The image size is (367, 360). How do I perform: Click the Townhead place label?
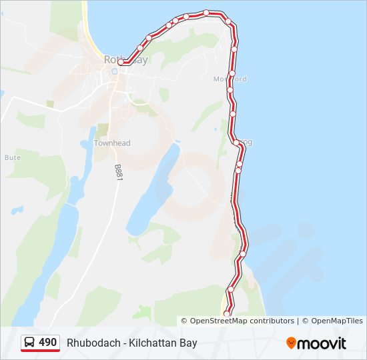(112, 143)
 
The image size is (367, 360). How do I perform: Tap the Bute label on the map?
(13, 158)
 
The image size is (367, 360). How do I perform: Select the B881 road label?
(119, 173)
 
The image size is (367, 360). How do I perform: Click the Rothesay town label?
(125, 59)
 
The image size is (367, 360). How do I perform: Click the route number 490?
(47, 342)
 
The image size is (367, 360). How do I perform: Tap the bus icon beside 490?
(30, 343)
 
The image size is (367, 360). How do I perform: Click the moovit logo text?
(322, 343)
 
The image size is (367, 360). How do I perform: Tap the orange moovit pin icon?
(291, 343)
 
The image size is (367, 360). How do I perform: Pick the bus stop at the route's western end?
(121, 63)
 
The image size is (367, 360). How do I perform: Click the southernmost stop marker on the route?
(226, 313)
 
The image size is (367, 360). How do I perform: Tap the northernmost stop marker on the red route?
(207, 13)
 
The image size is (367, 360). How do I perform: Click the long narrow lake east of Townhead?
(153, 190)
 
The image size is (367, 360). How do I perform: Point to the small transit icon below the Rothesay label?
(115, 71)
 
